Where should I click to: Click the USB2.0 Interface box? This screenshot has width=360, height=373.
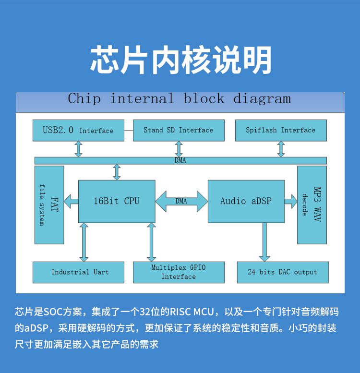(x=78, y=131)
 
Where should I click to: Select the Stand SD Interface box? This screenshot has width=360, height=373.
(x=179, y=130)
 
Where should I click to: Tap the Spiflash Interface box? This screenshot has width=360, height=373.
(x=280, y=130)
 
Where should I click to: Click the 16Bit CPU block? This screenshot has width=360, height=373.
(x=117, y=201)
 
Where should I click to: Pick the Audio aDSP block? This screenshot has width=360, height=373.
(x=246, y=201)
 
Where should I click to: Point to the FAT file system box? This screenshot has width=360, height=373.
(x=49, y=205)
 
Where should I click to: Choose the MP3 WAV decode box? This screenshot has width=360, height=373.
(x=312, y=205)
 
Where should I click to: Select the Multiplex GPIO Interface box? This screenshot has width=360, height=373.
(x=179, y=272)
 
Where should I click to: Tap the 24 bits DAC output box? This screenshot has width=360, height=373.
(x=282, y=272)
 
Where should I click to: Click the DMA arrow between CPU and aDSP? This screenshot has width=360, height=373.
(x=181, y=201)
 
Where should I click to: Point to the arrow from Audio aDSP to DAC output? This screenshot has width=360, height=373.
(x=264, y=242)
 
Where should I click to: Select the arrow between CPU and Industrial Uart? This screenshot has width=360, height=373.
(x=84, y=242)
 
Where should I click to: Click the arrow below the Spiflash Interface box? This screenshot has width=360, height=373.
(x=281, y=149)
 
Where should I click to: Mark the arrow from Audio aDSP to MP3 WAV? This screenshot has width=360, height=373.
(x=291, y=201)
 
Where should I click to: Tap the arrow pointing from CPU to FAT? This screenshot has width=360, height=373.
(x=72, y=201)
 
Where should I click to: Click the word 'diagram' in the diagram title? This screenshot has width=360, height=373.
(x=262, y=99)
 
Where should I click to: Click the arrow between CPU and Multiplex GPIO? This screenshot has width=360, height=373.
(x=152, y=242)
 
